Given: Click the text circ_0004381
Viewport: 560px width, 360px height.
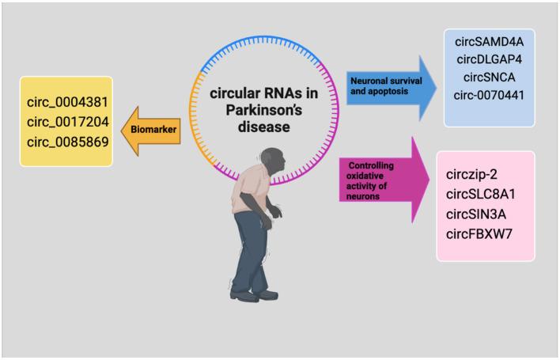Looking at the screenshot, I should click(67, 103).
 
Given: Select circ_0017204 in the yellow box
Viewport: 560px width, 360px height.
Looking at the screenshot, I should click(67, 123).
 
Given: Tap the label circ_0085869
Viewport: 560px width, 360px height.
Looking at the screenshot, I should click(67, 142).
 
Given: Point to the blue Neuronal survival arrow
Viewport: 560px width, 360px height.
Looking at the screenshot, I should click(388, 86).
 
